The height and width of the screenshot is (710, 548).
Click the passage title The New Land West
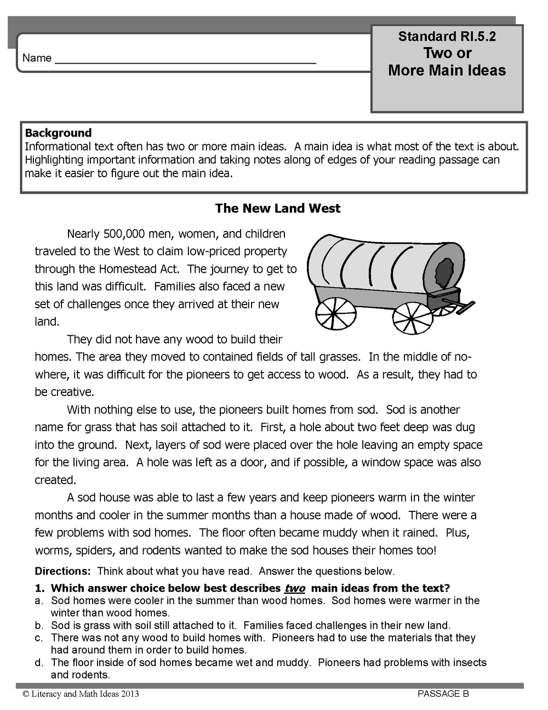point(277,209)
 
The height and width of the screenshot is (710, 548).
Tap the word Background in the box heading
point(58,133)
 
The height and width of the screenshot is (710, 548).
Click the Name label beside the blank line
point(37,58)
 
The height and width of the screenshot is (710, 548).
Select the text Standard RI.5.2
point(447,37)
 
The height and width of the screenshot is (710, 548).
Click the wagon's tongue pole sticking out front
point(461,303)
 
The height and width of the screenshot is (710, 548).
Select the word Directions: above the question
point(62,571)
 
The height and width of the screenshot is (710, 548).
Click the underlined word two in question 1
point(295,588)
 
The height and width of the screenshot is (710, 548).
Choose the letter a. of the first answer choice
point(38,601)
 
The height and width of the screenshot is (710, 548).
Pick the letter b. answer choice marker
point(38,626)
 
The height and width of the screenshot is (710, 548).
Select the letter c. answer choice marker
point(38,638)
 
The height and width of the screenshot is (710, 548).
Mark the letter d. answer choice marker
point(38,663)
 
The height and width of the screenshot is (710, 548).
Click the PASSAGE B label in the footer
point(443,694)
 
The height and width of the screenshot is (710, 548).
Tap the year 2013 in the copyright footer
point(130,694)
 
